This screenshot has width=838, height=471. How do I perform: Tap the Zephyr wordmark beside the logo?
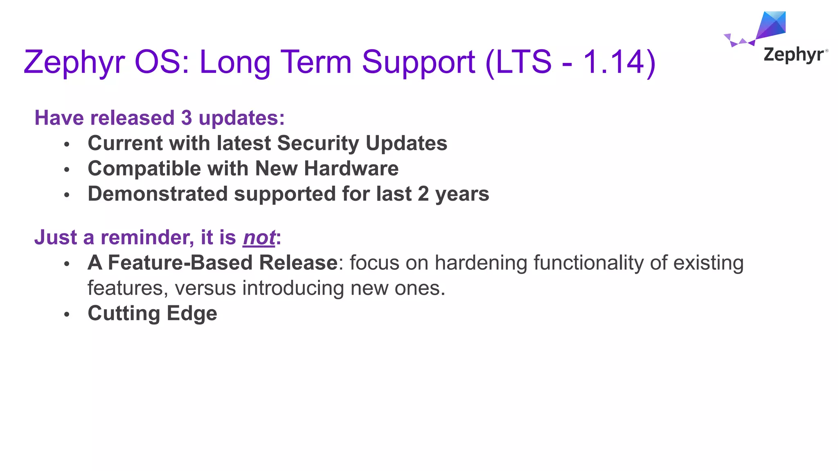(794, 55)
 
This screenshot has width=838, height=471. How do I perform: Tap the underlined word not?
(259, 238)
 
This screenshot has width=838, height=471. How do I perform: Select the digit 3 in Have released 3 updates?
(186, 118)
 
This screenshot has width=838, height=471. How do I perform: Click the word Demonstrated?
(158, 194)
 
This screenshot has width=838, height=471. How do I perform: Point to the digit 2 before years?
(423, 194)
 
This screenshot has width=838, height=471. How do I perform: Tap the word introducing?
(293, 288)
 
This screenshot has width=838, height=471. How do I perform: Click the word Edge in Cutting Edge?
(192, 314)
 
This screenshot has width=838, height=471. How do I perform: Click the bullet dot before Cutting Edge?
(67, 314)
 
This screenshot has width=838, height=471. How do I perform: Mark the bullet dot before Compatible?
(67, 169)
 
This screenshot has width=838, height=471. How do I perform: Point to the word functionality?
(588, 262)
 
